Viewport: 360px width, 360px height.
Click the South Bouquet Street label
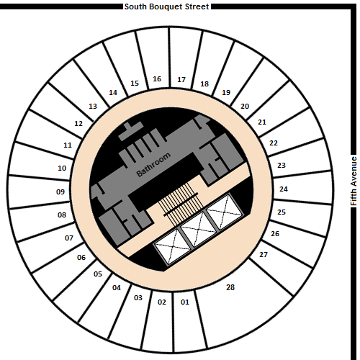[x=167, y=6]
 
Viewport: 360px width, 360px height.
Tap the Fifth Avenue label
[x=354, y=181]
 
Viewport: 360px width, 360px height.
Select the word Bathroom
[x=153, y=164]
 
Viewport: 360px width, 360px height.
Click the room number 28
[x=230, y=287]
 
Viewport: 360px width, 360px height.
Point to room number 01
[x=185, y=302]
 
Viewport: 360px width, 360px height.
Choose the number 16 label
[x=157, y=78]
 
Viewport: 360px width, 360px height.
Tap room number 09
[x=60, y=192]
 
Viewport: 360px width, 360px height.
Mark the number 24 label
[x=284, y=189]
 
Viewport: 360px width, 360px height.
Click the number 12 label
[x=78, y=123]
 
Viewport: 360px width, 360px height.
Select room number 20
[x=245, y=106]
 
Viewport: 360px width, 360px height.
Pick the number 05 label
[x=98, y=274]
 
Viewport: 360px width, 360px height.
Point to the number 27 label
[x=264, y=254]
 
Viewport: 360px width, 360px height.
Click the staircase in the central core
[x=181, y=204]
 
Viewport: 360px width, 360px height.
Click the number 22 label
[x=274, y=143]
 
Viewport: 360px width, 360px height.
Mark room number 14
[x=113, y=92]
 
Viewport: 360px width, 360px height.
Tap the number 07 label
[x=69, y=238]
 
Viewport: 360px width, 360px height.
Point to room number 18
[x=204, y=84]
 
